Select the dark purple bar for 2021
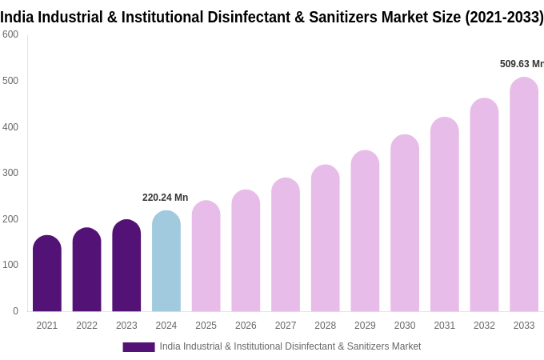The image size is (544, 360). [47, 274]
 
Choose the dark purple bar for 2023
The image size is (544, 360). [126, 266]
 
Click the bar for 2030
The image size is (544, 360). [405, 223]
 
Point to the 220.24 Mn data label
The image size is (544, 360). [166, 198]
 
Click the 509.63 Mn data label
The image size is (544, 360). [522, 64]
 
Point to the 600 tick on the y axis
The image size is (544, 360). [10, 34]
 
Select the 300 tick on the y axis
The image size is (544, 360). [10, 173]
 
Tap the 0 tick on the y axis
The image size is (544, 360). [15, 311]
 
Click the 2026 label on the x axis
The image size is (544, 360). [246, 326]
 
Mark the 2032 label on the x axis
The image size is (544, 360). [484, 326]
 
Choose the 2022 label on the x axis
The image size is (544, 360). [86, 326]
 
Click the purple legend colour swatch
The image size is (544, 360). [138, 347]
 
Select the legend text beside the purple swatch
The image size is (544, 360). [290, 346]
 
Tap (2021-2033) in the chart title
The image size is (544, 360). [504, 17]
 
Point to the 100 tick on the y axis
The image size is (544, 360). [10, 265]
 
